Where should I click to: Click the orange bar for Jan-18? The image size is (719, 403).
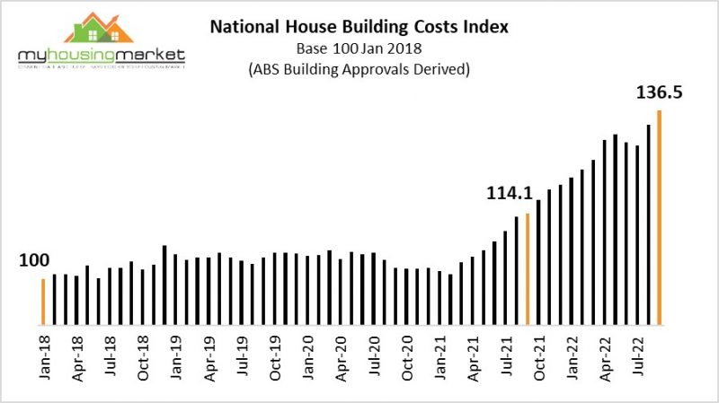pyautogui.click(x=42, y=301)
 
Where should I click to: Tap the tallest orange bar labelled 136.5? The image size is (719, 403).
pyautogui.click(x=661, y=216)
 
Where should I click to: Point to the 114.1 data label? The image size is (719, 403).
pyautogui.click(x=511, y=193)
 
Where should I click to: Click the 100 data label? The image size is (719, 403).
pyautogui.click(x=32, y=260)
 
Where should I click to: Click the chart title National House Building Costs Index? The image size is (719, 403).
pyautogui.click(x=359, y=27)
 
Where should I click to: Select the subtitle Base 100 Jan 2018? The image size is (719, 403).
pyautogui.click(x=359, y=49)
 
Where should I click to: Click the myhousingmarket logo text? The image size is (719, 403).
pyautogui.click(x=101, y=56)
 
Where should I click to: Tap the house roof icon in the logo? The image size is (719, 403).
pyautogui.click(x=101, y=27)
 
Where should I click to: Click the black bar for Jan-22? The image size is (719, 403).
pyautogui.click(x=572, y=250)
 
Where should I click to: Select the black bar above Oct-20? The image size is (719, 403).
pyautogui.click(x=406, y=295)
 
